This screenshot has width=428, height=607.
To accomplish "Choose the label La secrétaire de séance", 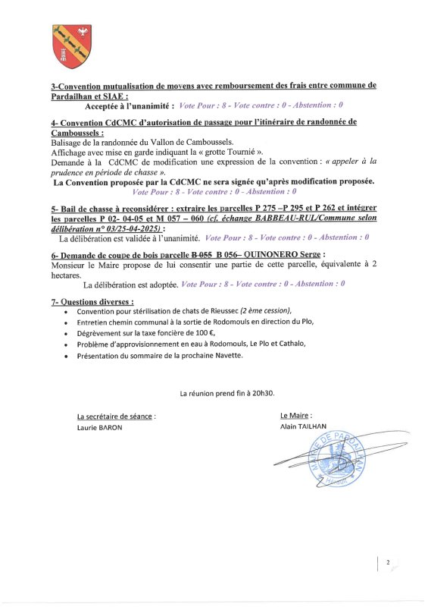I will (x=115, y=417).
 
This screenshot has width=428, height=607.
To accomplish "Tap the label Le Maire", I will (x=295, y=416).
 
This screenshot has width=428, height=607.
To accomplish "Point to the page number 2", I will (x=387, y=563).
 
